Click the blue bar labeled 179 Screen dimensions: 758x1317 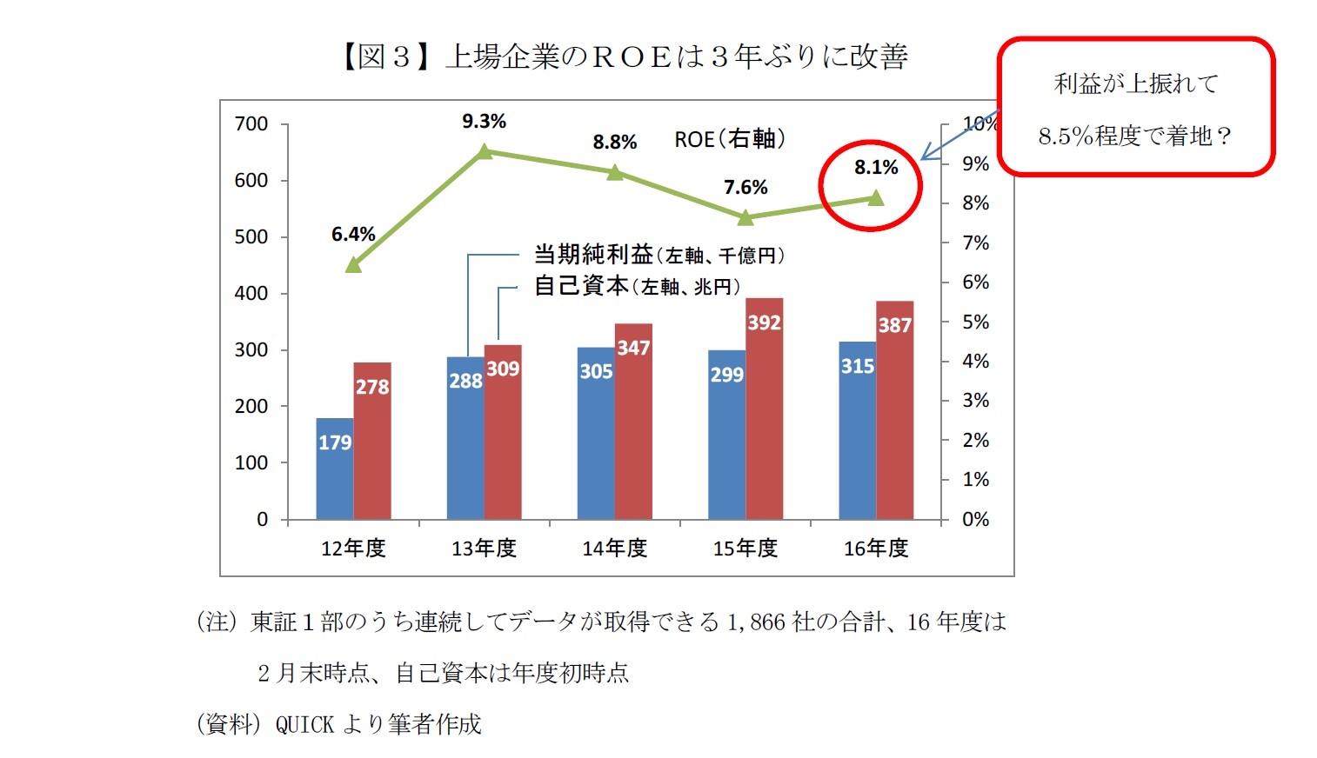(334, 469)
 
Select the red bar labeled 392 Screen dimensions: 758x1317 (764, 409)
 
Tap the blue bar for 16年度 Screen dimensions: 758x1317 (857, 430)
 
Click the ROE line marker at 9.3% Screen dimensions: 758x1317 (485, 152)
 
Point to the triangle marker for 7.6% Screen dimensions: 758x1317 (745, 216)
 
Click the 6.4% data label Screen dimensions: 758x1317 (353, 235)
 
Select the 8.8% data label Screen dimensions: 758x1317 (615, 142)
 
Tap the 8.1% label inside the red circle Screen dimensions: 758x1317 (875, 167)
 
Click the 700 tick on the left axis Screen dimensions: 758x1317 (251, 124)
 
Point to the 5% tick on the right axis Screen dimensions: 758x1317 (975, 322)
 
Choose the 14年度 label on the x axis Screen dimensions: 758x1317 (615, 549)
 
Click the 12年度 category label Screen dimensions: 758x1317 (353, 549)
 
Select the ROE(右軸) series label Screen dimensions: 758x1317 (729, 139)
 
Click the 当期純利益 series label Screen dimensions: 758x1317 (593, 255)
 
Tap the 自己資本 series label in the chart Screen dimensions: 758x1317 (581, 286)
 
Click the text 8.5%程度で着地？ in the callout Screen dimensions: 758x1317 (1134, 136)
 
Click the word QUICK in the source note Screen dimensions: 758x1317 (304, 724)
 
